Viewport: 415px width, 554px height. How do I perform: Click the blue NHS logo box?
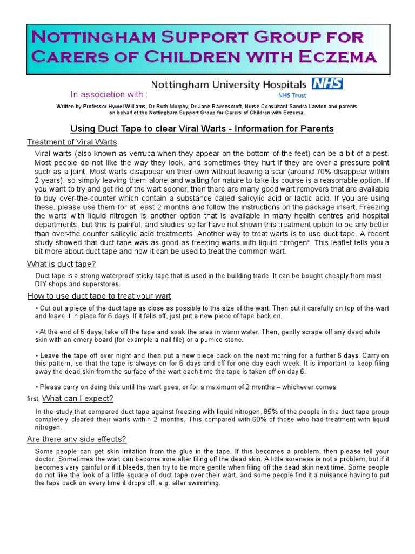click(x=327, y=84)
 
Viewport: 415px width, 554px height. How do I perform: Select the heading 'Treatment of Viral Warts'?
click(x=72, y=142)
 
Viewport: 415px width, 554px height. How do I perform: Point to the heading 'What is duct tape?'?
click(x=62, y=264)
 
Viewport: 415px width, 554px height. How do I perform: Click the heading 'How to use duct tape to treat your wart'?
click(x=99, y=296)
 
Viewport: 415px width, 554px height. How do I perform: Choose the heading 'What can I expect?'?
click(x=78, y=399)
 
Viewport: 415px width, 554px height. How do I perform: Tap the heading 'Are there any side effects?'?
click(x=77, y=439)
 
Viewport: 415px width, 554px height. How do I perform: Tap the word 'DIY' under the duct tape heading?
click(x=42, y=284)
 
